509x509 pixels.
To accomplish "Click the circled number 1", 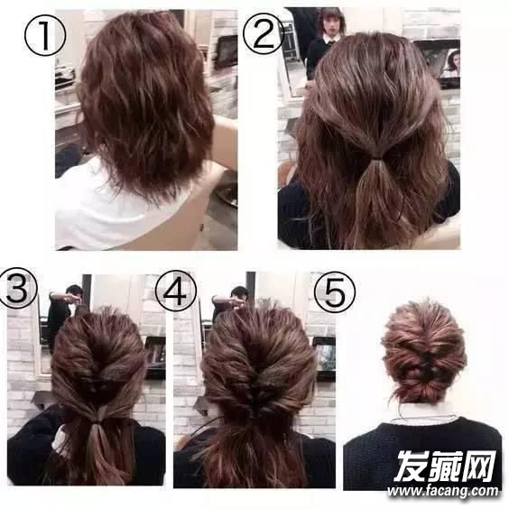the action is (45, 34).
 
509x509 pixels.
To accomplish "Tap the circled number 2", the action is (264, 33).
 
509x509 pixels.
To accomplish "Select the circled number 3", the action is (18, 288).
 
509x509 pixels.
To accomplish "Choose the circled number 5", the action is (334, 292).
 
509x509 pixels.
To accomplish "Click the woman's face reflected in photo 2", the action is (330, 27).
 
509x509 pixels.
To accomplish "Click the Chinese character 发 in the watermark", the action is (411, 467).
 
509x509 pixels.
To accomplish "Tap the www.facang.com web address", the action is (442, 492).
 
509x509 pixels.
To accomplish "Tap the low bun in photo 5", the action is (419, 390).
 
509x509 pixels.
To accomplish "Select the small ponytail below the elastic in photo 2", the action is (374, 180).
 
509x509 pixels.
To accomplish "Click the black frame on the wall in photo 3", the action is (155, 357).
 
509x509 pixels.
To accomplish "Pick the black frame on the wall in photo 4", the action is (325, 358).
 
